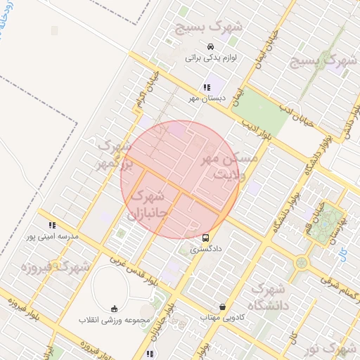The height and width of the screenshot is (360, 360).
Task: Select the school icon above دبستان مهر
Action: tap(206, 88)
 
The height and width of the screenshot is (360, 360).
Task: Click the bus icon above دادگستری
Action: tap(205, 238)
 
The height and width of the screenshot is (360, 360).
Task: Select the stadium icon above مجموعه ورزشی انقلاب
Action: tap(115, 309)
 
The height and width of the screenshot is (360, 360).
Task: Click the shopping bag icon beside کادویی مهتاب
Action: tap(223, 307)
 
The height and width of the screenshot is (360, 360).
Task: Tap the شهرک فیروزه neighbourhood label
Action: tap(56, 267)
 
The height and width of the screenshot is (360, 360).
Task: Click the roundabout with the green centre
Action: tap(302, 263)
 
